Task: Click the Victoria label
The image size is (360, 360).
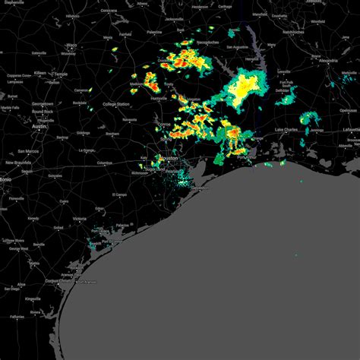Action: pos(79,218)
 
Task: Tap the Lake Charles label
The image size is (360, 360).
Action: pos(286,131)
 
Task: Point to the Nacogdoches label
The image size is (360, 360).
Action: pos(210,58)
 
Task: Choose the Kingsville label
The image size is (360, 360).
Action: pos(33,299)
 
